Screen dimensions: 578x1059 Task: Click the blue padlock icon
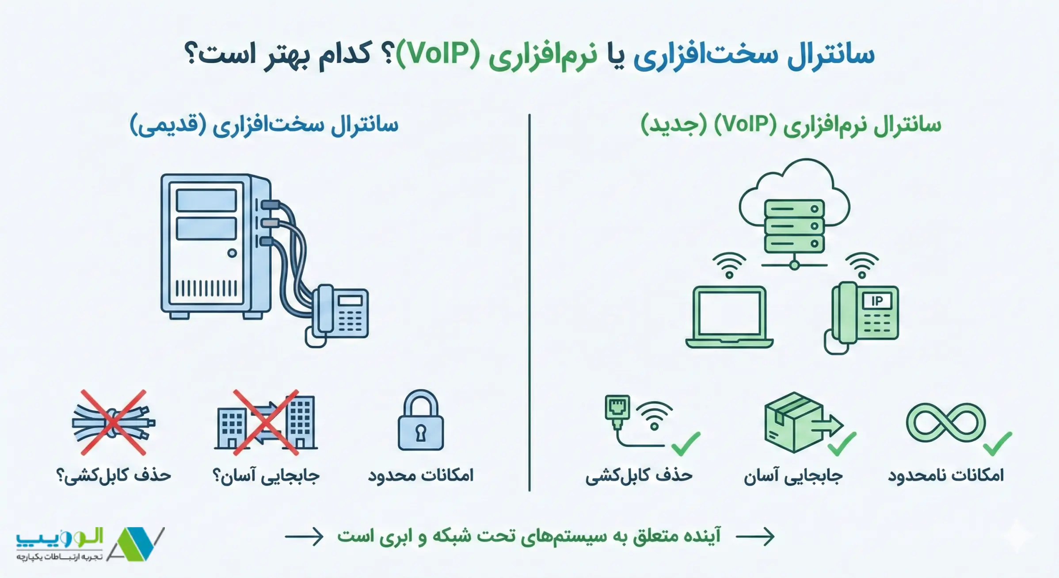click(x=420, y=421)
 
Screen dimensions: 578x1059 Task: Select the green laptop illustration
click(x=729, y=317)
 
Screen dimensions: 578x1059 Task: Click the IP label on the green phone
click(x=877, y=301)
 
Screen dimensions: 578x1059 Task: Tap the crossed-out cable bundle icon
click(x=114, y=422)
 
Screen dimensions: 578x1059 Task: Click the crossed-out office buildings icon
click(x=266, y=422)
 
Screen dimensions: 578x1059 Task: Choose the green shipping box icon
click(x=794, y=422)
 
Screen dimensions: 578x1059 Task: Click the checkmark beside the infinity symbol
click(x=998, y=444)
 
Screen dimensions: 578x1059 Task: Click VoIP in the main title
click(x=438, y=54)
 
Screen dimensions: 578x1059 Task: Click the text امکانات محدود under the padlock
click(x=420, y=475)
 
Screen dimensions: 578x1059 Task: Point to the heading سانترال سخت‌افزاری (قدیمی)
click(x=264, y=125)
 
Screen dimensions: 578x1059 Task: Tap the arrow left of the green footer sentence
click(x=304, y=536)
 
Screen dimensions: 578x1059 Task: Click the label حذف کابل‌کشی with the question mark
click(x=114, y=475)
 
